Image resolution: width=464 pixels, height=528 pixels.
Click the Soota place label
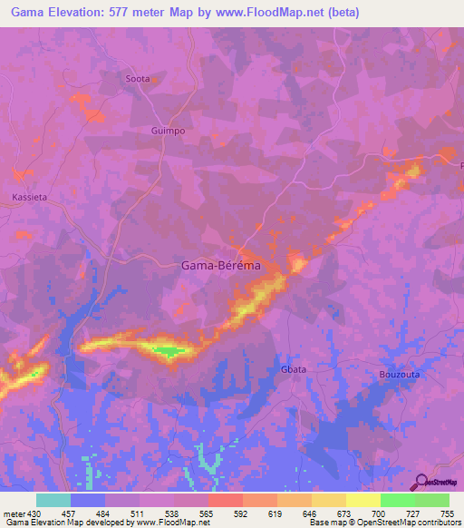click(x=138, y=79)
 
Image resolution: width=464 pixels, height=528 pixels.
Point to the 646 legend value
click(x=310, y=513)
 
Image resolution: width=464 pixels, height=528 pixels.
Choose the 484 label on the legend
click(x=103, y=513)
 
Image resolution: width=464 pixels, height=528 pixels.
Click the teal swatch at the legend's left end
click(x=53, y=500)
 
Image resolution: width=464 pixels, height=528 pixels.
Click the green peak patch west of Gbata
click(x=168, y=350)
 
